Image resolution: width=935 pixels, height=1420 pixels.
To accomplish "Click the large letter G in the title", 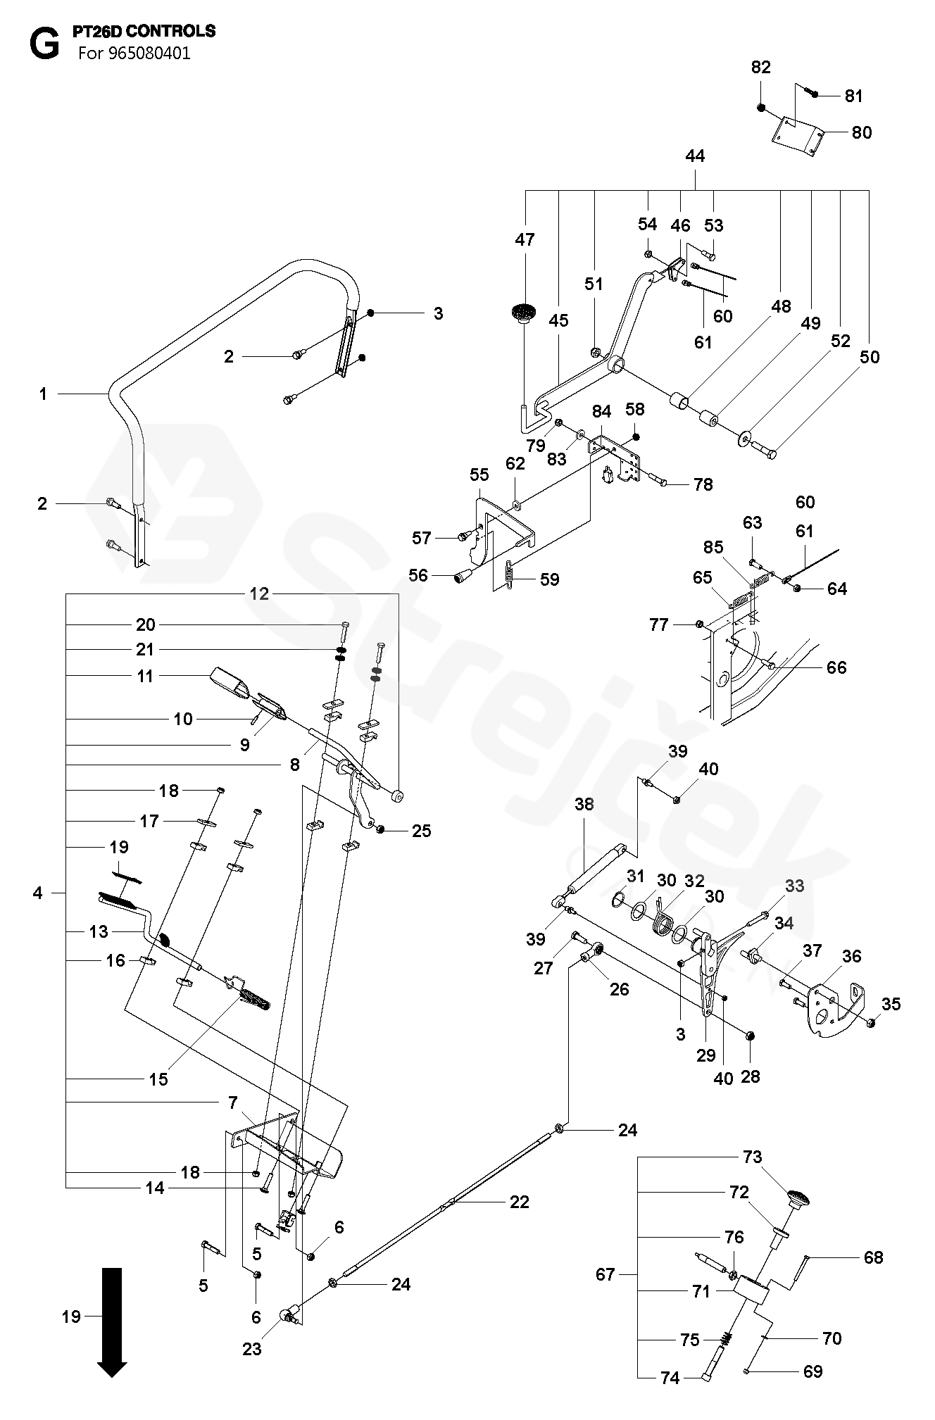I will [x=44, y=45].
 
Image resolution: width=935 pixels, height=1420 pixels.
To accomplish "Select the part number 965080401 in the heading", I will [x=150, y=54].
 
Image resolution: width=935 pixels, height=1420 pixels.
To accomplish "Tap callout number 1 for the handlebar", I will [x=43, y=394].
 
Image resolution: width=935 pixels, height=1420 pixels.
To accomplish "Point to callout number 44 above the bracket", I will [x=694, y=156].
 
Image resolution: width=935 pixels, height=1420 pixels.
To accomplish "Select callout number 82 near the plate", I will [x=761, y=68].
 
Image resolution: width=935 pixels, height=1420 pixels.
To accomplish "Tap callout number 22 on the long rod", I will [x=520, y=1201].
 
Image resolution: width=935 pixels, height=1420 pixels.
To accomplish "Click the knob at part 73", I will [x=798, y=1196].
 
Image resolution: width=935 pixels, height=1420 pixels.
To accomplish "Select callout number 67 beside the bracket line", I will [x=605, y=1274].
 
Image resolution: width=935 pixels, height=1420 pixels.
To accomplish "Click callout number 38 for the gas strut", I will [x=584, y=804].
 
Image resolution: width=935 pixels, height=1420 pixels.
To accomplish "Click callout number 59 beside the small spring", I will [x=549, y=579].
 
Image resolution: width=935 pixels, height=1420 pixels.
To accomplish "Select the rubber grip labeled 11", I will [x=230, y=683].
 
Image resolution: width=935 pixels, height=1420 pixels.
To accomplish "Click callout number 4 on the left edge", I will [x=37, y=893].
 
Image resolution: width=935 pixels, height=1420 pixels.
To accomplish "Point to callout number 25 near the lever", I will [x=421, y=831].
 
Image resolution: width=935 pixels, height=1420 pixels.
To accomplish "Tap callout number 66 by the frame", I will [x=836, y=667].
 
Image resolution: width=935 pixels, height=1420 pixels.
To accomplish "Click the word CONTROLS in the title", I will [x=177, y=32].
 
